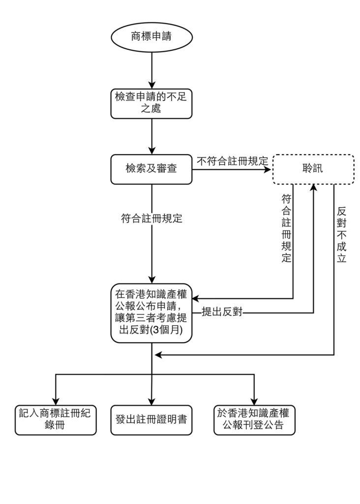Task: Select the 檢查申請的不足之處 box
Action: tap(151, 103)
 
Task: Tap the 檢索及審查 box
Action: tap(151, 169)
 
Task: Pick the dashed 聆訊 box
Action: tap(313, 169)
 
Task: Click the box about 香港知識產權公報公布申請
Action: tap(151, 312)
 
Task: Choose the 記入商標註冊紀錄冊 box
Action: tap(55, 419)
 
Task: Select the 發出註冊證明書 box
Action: tap(151, 419)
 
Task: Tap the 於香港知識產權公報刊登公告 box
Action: tap(254, 419)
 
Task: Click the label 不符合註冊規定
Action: tap(232, 161)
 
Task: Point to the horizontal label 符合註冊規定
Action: tap(151, 218)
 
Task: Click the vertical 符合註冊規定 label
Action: tap(286, 228)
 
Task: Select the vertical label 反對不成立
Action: tap(342, 234)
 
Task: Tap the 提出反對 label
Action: tap(222, 312)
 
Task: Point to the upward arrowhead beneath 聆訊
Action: tap(313, 188)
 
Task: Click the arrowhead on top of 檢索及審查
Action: tap(151, 151)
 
